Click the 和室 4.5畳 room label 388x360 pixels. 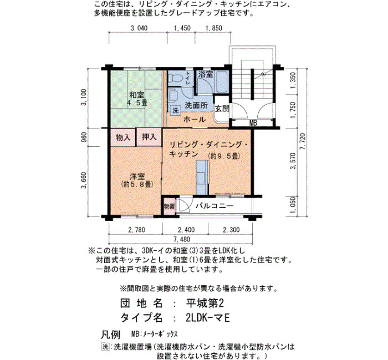point(137,99)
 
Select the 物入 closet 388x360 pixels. point(123,137)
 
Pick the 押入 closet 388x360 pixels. point(149,137)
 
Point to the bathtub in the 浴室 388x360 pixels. point(222,81)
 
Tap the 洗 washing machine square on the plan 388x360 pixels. point(176,110)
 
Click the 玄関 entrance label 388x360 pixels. point(222,109)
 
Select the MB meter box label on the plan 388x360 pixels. point(253,123)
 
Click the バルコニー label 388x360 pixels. point(215,205)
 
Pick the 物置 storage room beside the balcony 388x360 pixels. point(169,206)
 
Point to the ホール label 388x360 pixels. point(195,120)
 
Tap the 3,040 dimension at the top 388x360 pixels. point(139,28)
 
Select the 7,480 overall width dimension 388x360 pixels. point(182,239)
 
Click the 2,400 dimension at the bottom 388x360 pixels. point(186,230)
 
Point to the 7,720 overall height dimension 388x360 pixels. point(303,142)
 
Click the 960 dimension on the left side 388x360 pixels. point(84,137)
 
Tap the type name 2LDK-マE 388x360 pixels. point(208,318)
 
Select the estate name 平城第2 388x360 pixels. point(205,303)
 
